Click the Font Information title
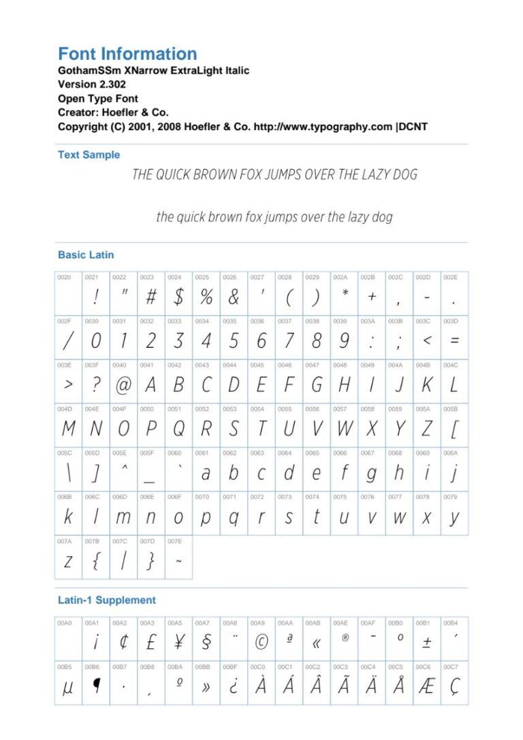(127, 54)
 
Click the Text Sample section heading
(89, 155)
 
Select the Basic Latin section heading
(86, 255)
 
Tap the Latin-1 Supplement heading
(106, 600)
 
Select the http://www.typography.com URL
(323, 127)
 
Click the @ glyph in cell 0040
(123, 385)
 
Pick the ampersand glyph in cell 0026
(234, 297)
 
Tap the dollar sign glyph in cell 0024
(178, 297)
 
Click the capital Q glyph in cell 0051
(178, 429)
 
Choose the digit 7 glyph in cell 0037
(289, 340)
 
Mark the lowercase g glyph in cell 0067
(371, 474)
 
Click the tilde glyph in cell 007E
(178, 562)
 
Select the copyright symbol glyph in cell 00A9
(261, 641)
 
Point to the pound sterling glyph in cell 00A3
(151, 641)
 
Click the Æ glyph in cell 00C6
(426, 686)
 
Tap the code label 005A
(422, 409)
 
